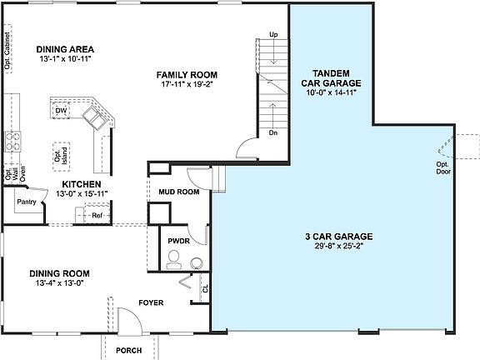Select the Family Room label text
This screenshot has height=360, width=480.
pos(187,73)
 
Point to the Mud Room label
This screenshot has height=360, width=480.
pos(179,192)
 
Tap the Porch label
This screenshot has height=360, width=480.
pos(129,350)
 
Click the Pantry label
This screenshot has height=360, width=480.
pos(27,201)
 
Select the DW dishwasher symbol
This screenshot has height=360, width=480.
pos(61,110)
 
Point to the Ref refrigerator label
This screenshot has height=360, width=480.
pos(96,215)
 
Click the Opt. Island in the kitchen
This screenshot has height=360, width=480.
pos(58,156)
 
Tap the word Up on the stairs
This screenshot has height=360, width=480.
pos(273,34)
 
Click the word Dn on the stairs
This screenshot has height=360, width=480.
pos(273,132)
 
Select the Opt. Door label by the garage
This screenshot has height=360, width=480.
pos(443,167)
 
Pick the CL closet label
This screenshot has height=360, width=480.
pos(205,289)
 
